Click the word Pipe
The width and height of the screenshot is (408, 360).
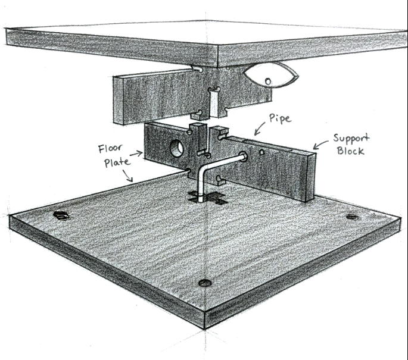click(x=279, y=118)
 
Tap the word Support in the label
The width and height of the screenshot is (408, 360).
click(x=351, y=139)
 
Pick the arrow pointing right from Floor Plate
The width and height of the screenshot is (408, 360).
click(x=136, y=154)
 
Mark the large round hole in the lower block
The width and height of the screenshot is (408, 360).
click(x=176, y=148)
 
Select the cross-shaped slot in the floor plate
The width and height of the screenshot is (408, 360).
click(x=205, y=198)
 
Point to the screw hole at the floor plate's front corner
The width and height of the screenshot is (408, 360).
click(x=205, y=282)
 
